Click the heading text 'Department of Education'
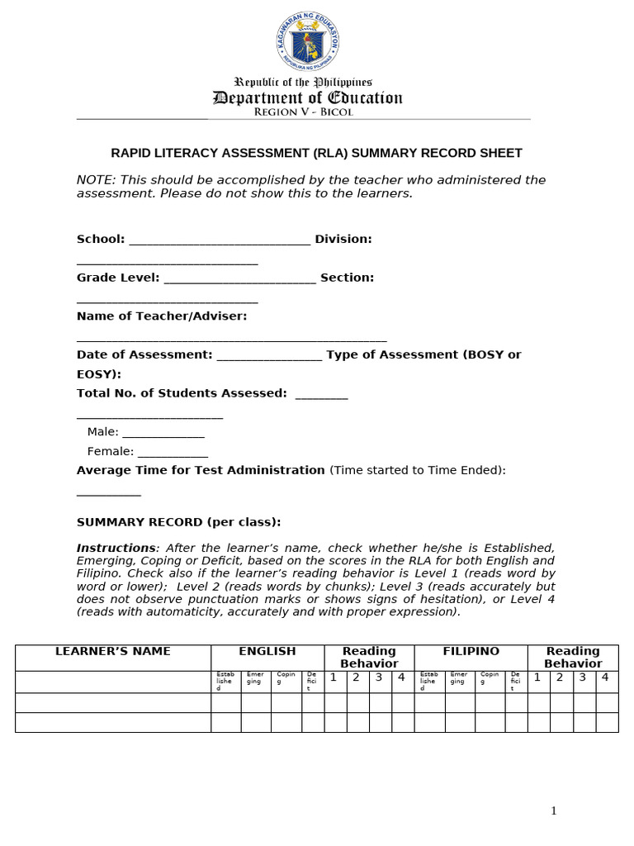(x=307, y=98)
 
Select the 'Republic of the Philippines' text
(x=304, y=82)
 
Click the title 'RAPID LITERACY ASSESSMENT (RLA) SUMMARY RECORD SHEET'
(x=316, y=153)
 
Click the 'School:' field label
(x=101, y=239)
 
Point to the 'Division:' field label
(x=343, y=239)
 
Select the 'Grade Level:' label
(x=118, y=278)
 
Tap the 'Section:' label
(x=347, y=278)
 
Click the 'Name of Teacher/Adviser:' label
(x=162, y=316)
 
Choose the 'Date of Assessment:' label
(x=144, y=354)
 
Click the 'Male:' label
(x=103, y=431)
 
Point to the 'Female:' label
(x=111, y=451)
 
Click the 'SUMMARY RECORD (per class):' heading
(x=178, y=522)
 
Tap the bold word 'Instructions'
(x=116, y=548)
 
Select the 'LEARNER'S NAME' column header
(x=113, y=651)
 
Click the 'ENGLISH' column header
(x=267, y=651)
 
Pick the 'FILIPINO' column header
(x=471, y=651)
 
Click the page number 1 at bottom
(x=554, y=811)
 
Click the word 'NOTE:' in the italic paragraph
(x=95, y=180)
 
